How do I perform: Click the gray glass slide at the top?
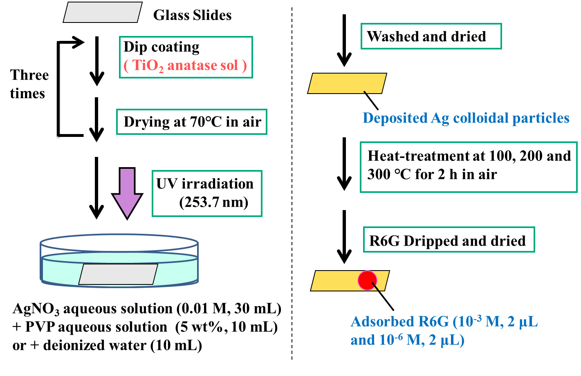103,12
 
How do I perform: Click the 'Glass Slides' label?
192,15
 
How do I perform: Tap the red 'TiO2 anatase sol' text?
185,65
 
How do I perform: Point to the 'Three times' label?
29,84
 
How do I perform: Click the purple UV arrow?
127,193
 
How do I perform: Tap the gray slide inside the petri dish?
118,274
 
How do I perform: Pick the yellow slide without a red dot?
347,83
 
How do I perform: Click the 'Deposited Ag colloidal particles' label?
466,118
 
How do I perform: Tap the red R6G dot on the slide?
367,280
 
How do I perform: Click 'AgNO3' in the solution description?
36,309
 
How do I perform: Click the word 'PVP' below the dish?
40,327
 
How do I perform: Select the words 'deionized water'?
95,345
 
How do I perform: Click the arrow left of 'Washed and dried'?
344,40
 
